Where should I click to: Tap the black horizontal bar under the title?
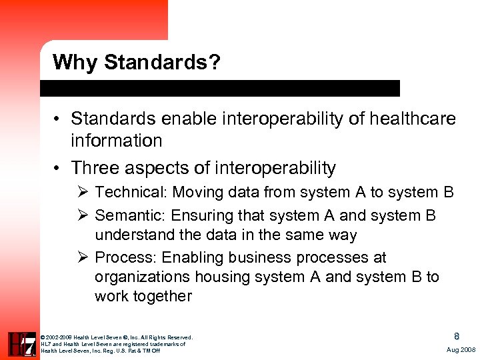(220, 88)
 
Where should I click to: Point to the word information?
(117, 141)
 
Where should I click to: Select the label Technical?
(131, 193)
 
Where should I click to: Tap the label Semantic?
(131, 215)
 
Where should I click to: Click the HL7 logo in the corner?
(21, 343)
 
